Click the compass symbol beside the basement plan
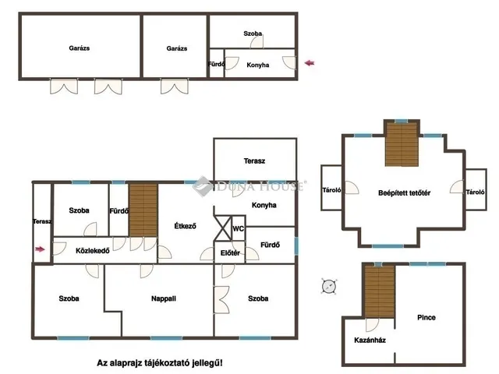329,286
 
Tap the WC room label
238,228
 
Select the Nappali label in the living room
164,298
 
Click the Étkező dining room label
186,226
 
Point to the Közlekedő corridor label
93,251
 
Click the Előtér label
230,253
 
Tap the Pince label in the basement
426,317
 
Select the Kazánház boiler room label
370,340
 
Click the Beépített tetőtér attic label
404,193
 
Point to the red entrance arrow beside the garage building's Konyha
310,63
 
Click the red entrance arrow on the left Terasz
40,249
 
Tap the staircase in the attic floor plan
402,145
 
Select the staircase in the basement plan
380,292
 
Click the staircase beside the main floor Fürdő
143,210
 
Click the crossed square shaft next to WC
223,228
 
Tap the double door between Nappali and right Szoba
221,299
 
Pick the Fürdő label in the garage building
217,64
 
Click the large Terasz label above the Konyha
254,161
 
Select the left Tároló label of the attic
331,190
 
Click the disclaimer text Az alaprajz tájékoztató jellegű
160,363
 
